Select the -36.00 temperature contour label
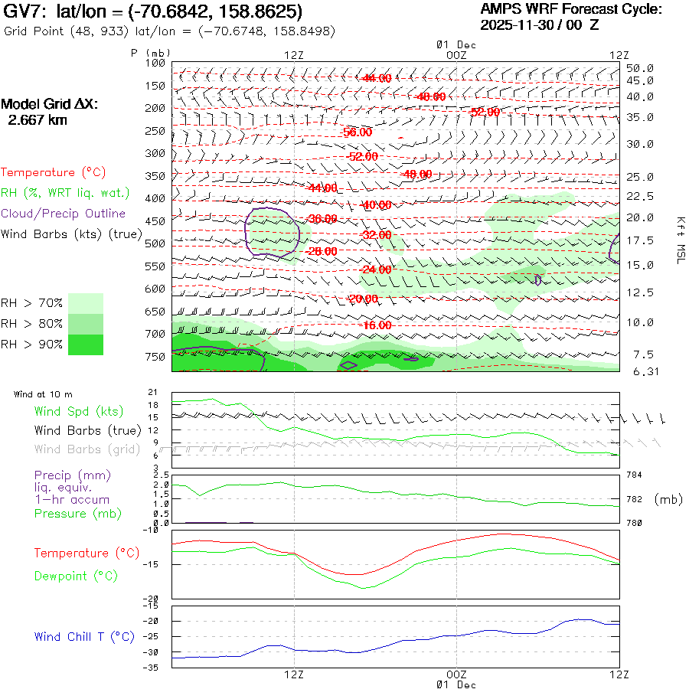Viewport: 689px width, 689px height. [x=321, y=219]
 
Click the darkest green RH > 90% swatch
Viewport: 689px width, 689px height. [x=86, y=344]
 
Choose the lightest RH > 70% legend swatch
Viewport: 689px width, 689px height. [x=86, y=303]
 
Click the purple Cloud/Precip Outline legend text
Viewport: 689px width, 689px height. [x=64, y=214]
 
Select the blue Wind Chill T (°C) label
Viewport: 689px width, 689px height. [x=84, y=636]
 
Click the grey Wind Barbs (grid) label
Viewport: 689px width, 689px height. [x=87, y=449]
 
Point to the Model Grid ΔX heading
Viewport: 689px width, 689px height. [x=50, y=105]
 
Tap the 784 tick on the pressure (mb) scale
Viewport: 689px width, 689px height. [x=635, y=475]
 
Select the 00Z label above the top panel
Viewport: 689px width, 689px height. [x=456, y=55]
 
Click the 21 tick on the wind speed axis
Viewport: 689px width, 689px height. [x=152, y=392]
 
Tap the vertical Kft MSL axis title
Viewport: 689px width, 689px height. [x=678, y=240]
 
